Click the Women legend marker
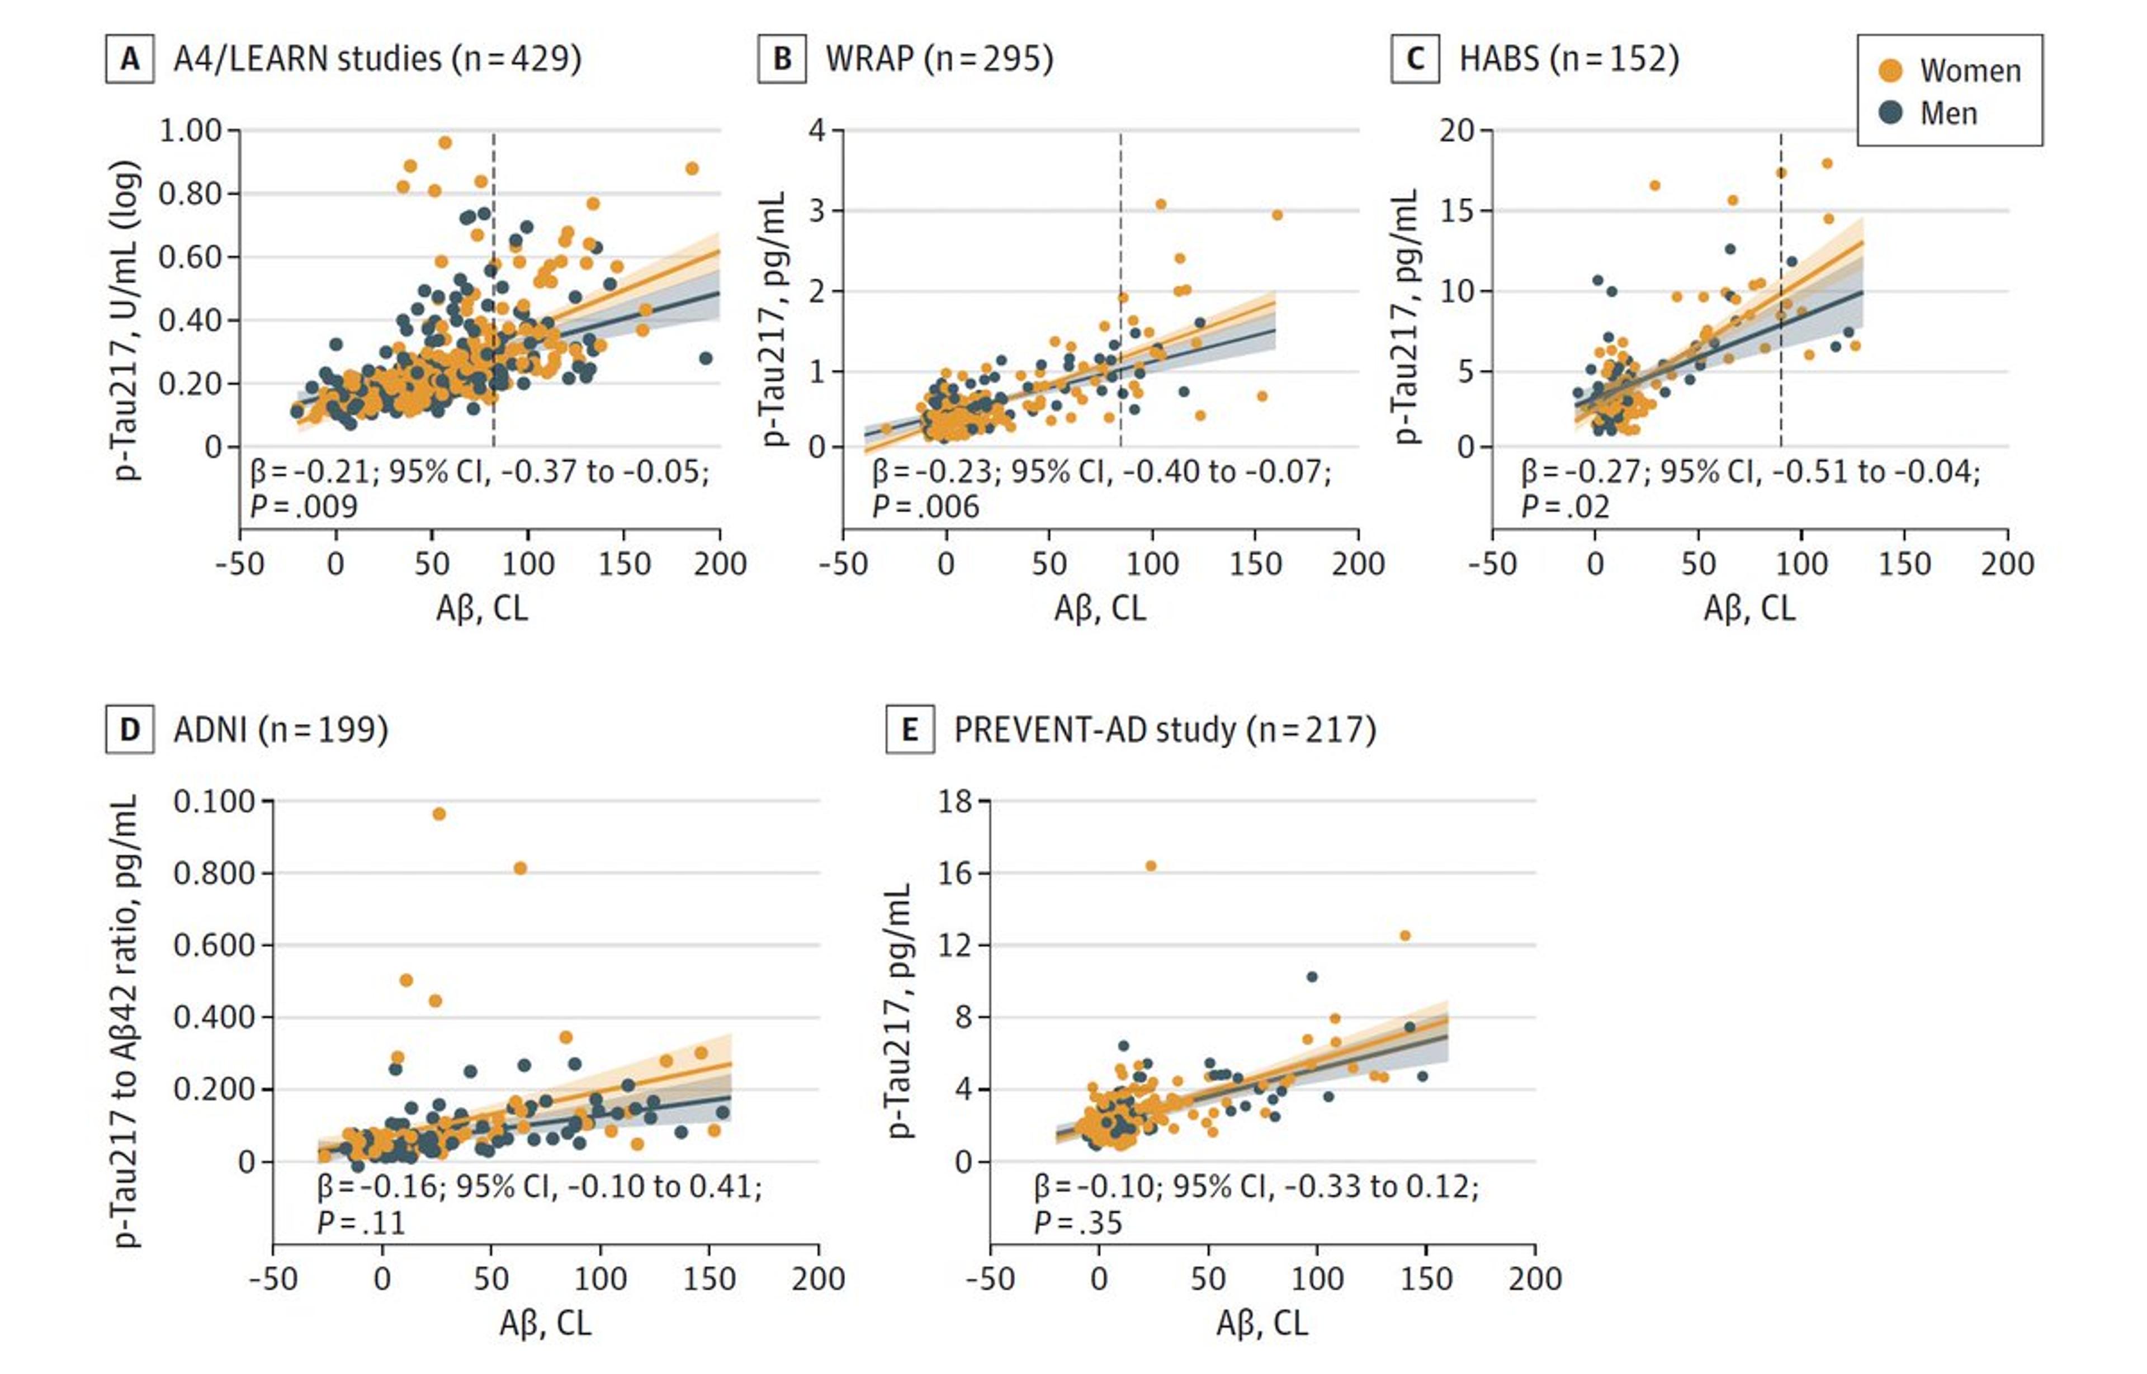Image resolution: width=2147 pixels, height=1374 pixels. pyautogui.click(x=1890, y=70)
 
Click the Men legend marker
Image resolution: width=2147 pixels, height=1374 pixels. pyautogui.click(x=1890, y=112)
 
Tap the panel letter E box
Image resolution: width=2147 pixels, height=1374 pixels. pyautogui.click(x=909, y=730)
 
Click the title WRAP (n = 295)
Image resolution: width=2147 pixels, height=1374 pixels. pyautogui.click(x=938, y=59)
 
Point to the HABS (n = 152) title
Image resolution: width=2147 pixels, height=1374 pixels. pyautogui.click(x=1568, y=59)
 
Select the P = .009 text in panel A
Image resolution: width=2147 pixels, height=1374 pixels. pyautogui.click(x=303, y=507)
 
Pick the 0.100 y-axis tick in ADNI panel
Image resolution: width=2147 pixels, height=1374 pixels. pyautogui.click(x=214, y=801)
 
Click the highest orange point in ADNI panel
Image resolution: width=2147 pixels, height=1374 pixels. pyautogui.click(x=439, y=814)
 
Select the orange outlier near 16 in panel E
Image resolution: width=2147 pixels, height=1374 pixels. pyautogui.click(x=1151, y=866)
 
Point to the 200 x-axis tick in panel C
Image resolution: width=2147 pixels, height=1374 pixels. pyautogui.click(x=2007, y=564)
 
